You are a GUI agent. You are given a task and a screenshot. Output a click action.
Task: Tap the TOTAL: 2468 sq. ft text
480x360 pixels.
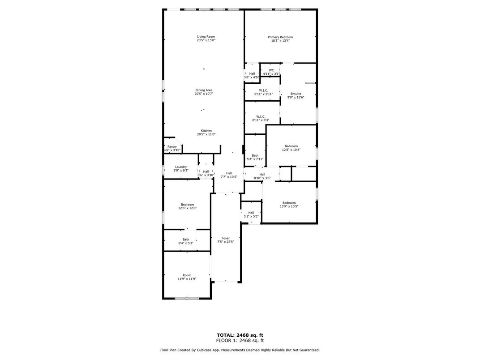[x=240, y=334]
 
